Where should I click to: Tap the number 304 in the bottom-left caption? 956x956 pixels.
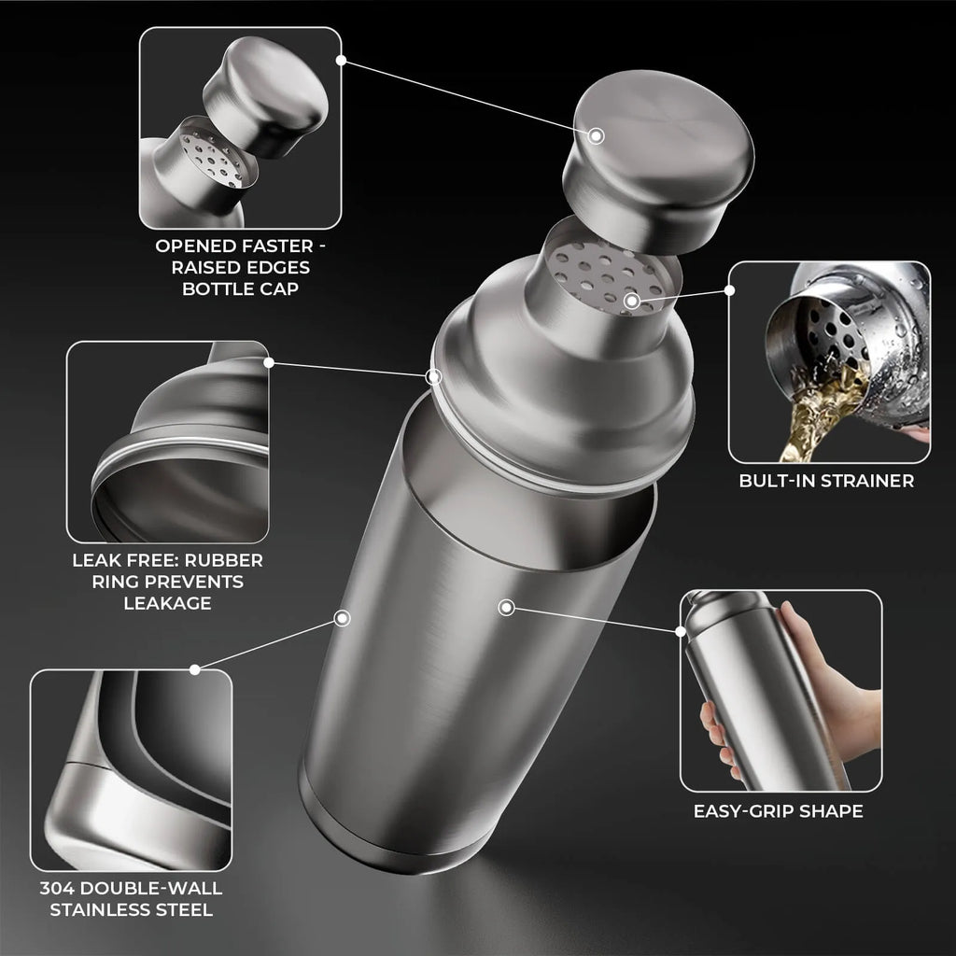pos(58,888)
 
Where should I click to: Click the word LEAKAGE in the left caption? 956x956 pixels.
pos(167,602)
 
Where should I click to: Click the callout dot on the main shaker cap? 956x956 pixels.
pos(597,136)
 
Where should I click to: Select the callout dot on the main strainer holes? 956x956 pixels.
pos(632,301)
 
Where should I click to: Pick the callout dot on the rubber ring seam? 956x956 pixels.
pos(433,376)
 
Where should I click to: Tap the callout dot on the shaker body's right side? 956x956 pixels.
pos(506,608)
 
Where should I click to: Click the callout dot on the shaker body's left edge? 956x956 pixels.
pos(343,618)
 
